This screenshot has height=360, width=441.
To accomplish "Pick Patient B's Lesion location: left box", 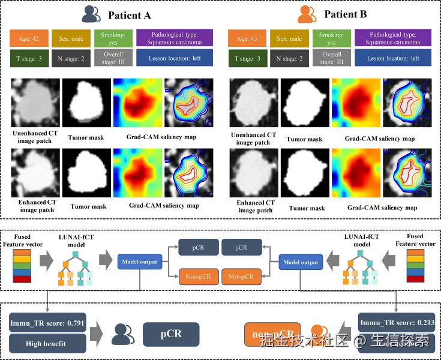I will (x=392, y=58).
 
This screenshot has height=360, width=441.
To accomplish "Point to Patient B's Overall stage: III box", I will (x=331, y=58).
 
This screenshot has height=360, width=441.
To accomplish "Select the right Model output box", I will (x=301, y=262).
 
